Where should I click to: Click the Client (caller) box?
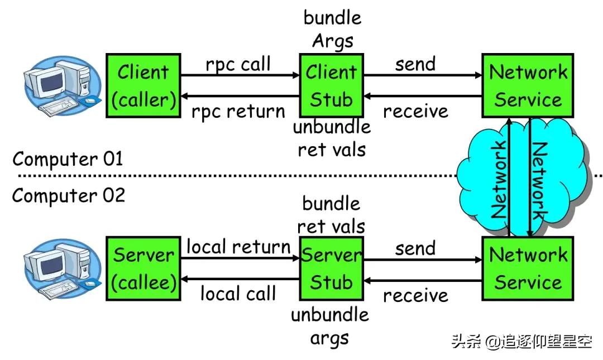pyautogui.click(x=143, y=85)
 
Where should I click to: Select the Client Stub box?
pyautogui.click(x=332, y=85)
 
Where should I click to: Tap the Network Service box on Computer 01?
pyautogui.click(x=528, y=85)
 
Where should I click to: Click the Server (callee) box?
pyautogui.click(x=143, y=268)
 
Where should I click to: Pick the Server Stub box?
pyautogui.click(x=332, y=268)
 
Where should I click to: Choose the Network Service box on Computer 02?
pyautogui.click(x=528, y=268)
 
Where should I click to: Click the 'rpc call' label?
pyautogui.click(x=238, y=64)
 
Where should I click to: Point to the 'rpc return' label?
pyautogui.click(x=238, y=111)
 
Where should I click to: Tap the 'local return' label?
pyautogui.click(x=238, y=247)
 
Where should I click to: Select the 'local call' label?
pyautogui.click(x=238, y=293)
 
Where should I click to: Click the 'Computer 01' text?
pyautogui.click(x=68, y=159)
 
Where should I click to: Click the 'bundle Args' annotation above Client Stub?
pyautogui.click(x=332, y=29)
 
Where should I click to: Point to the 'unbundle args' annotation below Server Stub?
pyautogui.click(x=330, y=326)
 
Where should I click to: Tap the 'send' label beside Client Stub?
pyautogui.click(x=415, y=64)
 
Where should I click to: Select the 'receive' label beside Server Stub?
pyautogui.click(x=415, y=295)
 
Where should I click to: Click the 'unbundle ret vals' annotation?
pyautogui.click(x=332, y=138)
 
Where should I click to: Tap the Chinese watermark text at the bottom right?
pyautogui.click(x=521, y=342)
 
